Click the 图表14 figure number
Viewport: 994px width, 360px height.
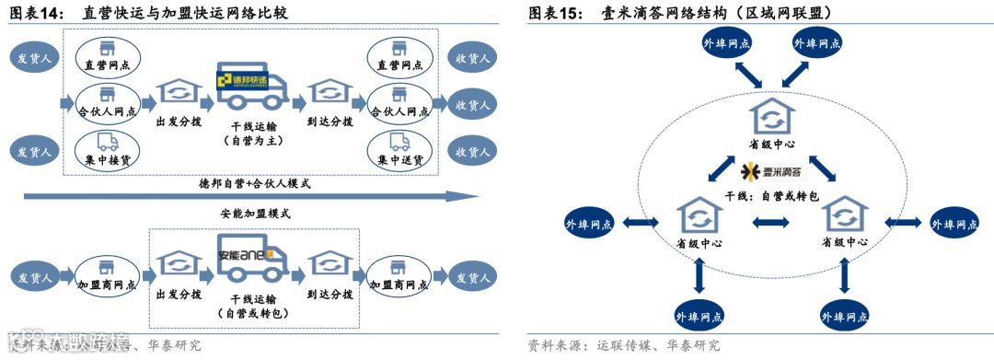34,13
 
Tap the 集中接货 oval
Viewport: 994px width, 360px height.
107,148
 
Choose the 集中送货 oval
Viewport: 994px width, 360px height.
399,148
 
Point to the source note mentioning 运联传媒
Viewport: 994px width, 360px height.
624,346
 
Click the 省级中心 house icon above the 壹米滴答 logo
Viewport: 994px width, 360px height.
771,116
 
